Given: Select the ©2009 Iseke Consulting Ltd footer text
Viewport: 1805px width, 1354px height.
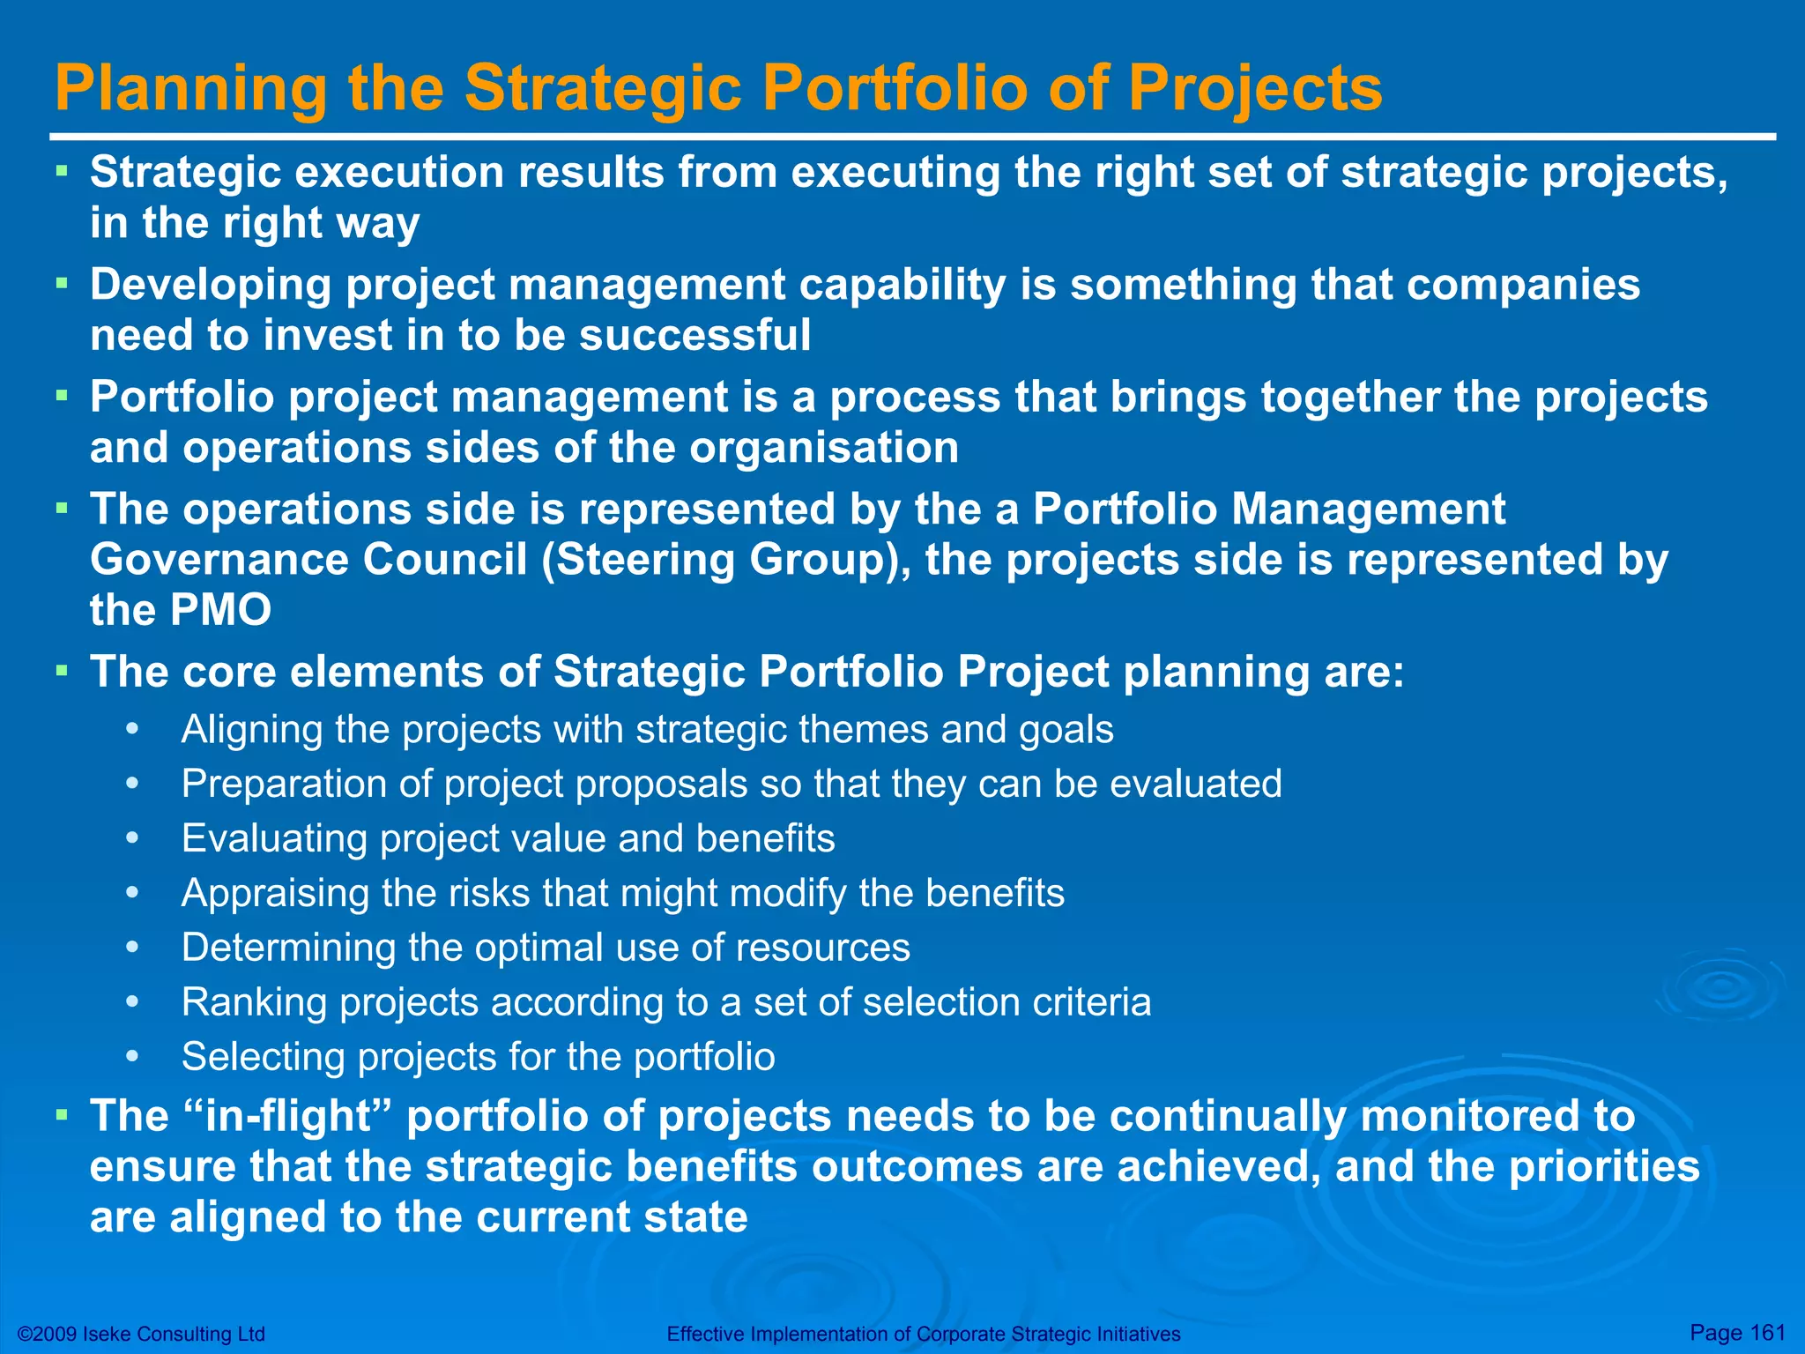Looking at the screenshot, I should coord(141,1334).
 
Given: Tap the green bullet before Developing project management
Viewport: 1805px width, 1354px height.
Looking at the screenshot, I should coord(62,283).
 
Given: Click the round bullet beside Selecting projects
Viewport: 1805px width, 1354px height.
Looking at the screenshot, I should coord(132,1056).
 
